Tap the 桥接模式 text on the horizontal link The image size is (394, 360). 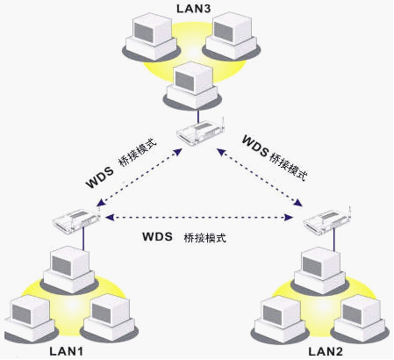(206, 238)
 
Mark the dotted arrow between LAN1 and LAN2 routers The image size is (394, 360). (197, 217)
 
